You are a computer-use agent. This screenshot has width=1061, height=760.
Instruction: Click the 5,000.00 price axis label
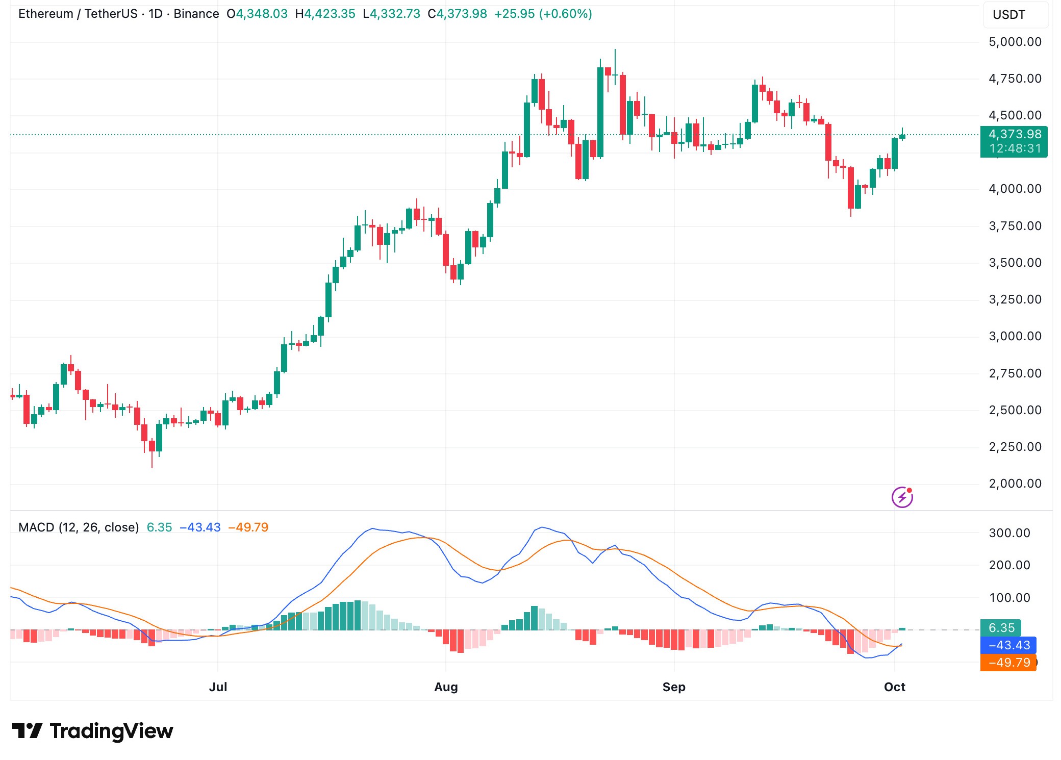(x=1015, y=42)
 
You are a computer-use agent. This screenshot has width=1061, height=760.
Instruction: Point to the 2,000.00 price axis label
(x=1015, y=484)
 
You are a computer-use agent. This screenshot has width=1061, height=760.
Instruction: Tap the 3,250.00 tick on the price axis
(x=1015, y=299)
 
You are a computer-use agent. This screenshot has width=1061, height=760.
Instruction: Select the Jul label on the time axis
(x=218, y=687)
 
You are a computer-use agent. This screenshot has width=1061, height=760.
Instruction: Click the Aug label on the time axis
(x=446, y=687)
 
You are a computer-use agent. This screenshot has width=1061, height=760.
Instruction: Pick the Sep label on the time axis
(x=673, y=687)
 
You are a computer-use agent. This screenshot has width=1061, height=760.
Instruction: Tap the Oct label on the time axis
(x=894, y=687)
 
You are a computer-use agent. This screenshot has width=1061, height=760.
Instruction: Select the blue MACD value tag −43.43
(x=1009, y=645)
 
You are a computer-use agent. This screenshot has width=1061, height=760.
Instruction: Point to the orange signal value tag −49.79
(x=1009, y=663)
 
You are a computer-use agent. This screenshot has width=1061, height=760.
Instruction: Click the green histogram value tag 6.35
(x=1001, y=628)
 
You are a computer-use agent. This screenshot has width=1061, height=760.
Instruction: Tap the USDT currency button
(x=1008, y=15)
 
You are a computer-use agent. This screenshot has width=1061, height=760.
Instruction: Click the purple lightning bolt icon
(x=902, y=497)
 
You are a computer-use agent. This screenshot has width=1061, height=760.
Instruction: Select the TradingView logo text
(x=111, y=731)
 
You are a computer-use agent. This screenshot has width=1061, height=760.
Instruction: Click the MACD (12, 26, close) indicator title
(x=79, y=527)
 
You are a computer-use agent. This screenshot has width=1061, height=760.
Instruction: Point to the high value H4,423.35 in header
(x=325, y=14)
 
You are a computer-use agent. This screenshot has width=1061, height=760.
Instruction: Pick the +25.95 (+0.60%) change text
(x=543, y=14)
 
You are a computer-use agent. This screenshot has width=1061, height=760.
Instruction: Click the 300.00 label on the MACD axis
(x=1009, y=533)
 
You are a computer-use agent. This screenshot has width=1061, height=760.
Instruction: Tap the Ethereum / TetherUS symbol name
(x=78, y=14)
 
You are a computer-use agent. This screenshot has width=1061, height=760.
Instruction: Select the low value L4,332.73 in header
(x=391, y=14)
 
